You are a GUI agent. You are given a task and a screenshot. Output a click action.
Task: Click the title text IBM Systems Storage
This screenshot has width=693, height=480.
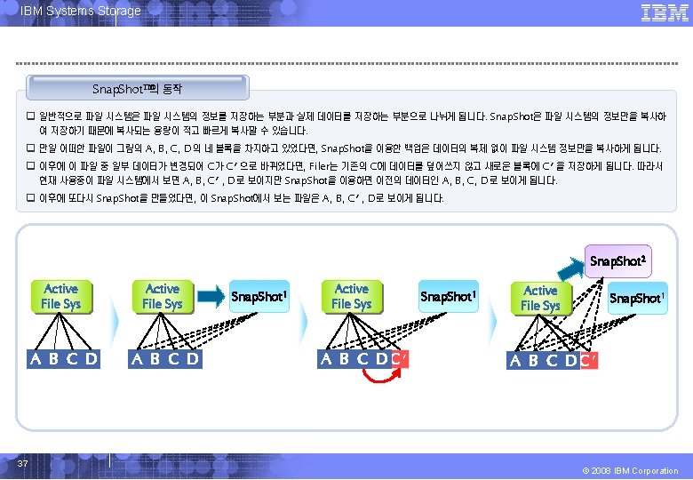click(81, 11)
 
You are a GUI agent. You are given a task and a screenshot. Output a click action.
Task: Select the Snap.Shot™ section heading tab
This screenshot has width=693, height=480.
click(138, 89)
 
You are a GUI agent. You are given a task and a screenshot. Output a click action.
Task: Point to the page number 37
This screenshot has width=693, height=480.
click(25, 463)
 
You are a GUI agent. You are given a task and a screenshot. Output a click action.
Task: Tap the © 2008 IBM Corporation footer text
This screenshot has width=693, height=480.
click(628, 470)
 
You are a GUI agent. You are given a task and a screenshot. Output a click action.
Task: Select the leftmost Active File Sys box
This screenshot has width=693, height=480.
click(61, 296)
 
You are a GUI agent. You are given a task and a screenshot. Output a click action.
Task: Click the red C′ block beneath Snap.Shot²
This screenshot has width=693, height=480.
click(588, 360)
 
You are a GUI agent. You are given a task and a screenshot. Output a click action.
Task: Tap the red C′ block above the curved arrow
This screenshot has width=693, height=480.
click(400, 359)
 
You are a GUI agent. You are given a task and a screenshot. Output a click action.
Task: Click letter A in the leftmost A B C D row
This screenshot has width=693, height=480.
click(36, 359)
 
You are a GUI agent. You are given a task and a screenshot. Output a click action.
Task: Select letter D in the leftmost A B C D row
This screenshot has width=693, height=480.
click(90, 359)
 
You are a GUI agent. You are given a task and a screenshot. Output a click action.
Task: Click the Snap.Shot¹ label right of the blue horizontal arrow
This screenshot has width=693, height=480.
click(259, 295)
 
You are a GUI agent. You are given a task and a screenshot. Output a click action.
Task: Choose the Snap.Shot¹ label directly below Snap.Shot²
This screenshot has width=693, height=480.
click(636, 298)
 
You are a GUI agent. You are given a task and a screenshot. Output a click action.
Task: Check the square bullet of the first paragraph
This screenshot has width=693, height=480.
click(29, 117)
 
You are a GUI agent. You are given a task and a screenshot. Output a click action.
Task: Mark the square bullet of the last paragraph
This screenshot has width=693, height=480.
click(29, 197)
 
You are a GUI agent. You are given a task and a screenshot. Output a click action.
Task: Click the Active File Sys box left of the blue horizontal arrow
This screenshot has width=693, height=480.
click(163, 296)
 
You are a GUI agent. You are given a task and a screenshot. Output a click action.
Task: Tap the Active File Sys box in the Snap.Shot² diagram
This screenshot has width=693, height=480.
click(541, 298)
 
